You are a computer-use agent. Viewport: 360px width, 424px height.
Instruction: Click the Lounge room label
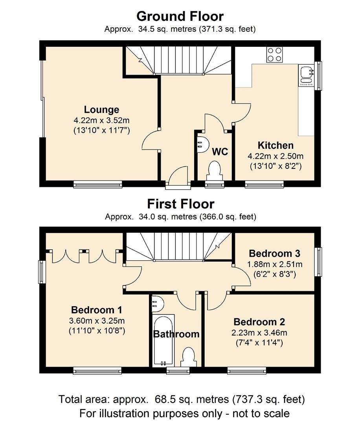[101, 110]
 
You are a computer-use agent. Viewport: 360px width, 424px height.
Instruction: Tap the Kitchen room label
[275, 145]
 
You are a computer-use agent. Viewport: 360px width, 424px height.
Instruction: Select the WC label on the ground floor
[220, 152]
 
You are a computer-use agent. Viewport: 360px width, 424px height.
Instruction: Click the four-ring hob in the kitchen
[274, 55]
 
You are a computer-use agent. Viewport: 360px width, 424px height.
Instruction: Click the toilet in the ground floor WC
[214, 171]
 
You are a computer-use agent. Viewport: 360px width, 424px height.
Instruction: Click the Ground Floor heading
[180, 16]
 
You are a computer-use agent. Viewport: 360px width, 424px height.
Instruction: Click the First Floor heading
[180, 204]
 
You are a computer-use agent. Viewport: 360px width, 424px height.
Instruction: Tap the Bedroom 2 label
[259, 322]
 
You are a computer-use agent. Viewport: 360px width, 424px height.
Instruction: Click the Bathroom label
[176, 334]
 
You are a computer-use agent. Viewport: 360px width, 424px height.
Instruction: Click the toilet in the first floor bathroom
[188, 358]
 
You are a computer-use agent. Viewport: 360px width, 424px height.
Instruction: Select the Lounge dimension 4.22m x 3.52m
[101, 120]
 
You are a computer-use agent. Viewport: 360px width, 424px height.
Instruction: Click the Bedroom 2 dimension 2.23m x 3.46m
[259, 333]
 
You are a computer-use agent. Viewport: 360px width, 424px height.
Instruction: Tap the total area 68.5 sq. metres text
[182, 400]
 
